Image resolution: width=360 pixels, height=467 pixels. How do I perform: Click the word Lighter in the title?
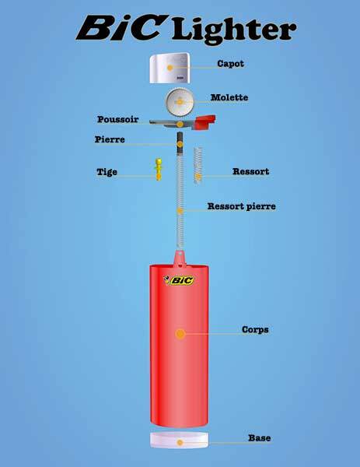234,30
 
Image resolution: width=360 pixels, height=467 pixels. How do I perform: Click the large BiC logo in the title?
121,28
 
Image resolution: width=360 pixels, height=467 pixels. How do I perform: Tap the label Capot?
231,64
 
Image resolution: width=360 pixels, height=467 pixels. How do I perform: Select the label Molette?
229,97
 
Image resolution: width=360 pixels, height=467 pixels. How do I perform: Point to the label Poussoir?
118,119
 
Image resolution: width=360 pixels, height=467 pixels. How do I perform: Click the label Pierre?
110,139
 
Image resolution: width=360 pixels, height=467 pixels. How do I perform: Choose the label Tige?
107,172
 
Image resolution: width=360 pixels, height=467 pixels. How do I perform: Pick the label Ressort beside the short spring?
251,171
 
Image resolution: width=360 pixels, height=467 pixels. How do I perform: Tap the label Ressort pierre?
242,206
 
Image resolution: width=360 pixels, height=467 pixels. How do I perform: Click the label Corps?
255,330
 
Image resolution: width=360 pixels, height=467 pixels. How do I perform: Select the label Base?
260,438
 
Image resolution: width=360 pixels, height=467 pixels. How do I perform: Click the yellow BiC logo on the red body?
179,280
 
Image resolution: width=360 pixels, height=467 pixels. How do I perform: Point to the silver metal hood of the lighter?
170,68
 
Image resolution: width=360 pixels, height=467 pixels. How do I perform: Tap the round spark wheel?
180,102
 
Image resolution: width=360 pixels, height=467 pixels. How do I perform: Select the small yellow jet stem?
159,169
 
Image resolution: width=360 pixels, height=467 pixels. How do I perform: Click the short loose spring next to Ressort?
198,165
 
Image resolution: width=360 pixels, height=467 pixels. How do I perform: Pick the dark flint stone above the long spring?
180,143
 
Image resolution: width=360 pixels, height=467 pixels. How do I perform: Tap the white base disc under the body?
180,441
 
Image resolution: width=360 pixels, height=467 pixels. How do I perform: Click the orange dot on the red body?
180,334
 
